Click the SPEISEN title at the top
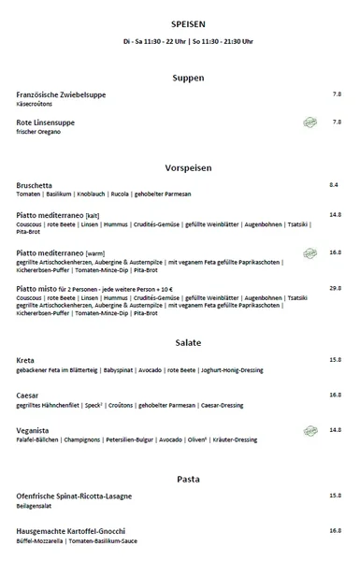(181, 23)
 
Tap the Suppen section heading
(181, 78)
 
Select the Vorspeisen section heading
(181, 167)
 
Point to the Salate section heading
(181, 342)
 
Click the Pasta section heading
(181, 479)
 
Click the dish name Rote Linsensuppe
(46, 122)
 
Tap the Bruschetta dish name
(35, 185)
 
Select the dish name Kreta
(26, 360)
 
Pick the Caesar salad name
(28, 396)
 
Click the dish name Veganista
(34, 430)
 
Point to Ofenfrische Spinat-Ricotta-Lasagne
(75, 496)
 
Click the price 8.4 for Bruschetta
(334, 185)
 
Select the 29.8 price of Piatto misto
(335, 288)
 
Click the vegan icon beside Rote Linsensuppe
(310, 122)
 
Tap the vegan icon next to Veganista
(310, 430)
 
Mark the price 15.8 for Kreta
(335, 360)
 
